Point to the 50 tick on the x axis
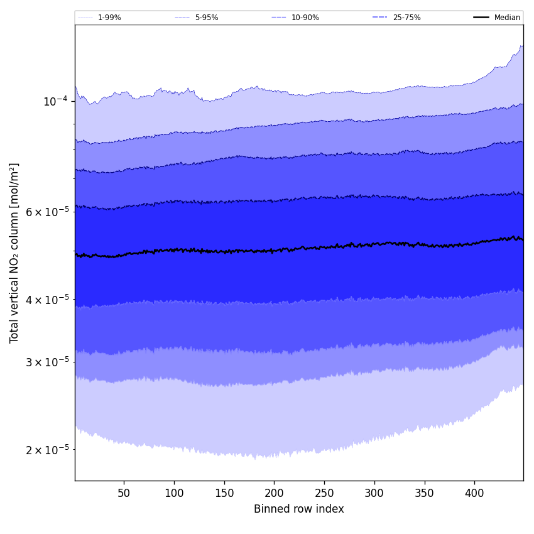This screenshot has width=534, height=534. (124, 494)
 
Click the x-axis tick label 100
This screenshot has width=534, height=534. (174, 494)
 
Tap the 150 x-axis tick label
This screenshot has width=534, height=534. (224, 494)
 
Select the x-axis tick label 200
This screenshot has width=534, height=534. (274, 494)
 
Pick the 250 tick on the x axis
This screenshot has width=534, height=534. (324, 494)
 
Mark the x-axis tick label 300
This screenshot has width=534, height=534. (374, 494)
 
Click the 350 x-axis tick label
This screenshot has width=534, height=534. (425, 494)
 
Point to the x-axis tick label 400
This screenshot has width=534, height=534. (474, 494)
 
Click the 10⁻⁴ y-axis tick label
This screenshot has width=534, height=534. (55, 101)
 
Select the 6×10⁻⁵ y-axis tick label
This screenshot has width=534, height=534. (48, 212)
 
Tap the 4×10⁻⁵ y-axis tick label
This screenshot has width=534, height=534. (48, 299)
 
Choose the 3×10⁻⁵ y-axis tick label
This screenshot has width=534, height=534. (48, 362)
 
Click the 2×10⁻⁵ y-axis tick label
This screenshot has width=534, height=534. (48, 450)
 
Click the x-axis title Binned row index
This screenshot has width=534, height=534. (299, 509)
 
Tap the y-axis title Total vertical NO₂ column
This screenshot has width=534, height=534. (14, 253)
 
